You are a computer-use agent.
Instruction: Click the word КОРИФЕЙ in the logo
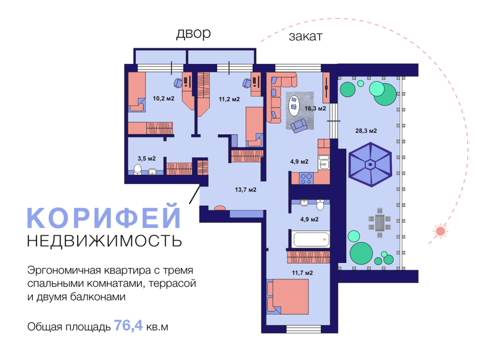tap(104, 218)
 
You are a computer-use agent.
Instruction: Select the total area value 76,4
tap(129, 326)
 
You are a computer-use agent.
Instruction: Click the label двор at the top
tap(193, 34)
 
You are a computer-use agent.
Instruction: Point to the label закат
tap(305, 37)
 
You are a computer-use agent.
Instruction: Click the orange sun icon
tap(440, 231)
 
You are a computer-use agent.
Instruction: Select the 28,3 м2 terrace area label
tap(366, 131)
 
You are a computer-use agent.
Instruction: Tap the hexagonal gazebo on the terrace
tap(370, 165)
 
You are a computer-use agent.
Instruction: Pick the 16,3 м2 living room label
tap(315, 109)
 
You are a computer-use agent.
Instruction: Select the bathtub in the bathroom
tap(311, 239)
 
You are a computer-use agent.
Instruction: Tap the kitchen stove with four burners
tap(307, 178)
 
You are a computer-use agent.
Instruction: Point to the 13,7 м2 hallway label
tap(246, 190)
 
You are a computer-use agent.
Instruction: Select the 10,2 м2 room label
tap(164, 99)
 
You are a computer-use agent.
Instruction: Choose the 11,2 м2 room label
tap(229, 99)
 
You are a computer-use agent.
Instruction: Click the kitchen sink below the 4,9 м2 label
tap(323, 164)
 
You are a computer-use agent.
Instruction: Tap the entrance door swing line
tap(193, 195)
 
